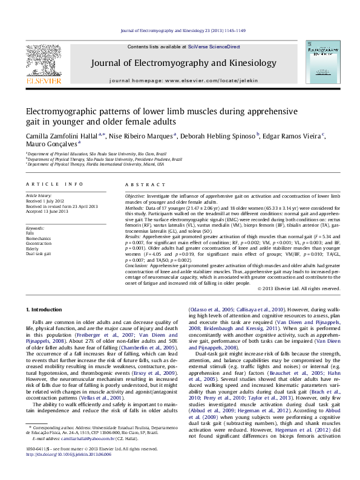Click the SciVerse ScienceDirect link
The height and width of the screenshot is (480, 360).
pyautogui.click(x=214, y=47)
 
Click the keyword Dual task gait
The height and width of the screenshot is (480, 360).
pyautogui.click(x=38, y=254)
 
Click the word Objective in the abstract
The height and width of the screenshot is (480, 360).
pyautogui.click(x=136, y=197)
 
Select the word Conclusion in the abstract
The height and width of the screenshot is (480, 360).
pyautogui.click(x=139, y=265)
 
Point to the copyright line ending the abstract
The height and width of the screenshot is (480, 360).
pyautogui.click(x=299, y=288)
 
